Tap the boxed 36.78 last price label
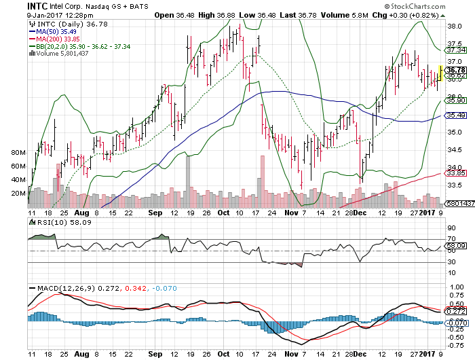point(455,69)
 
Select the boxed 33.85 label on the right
point(455,173)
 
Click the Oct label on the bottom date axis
point(223,355)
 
